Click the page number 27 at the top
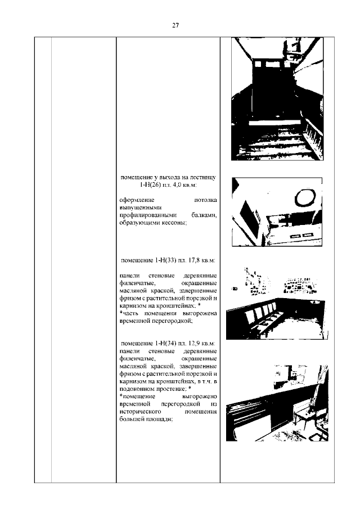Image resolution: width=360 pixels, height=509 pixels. coord(175,25)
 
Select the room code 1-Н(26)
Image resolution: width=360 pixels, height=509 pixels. coord(151,185)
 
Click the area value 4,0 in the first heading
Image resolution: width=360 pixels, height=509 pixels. coord(181,185)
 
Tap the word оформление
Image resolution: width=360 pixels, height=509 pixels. coord(136,200)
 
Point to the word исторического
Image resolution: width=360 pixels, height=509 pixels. coord(140,411)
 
